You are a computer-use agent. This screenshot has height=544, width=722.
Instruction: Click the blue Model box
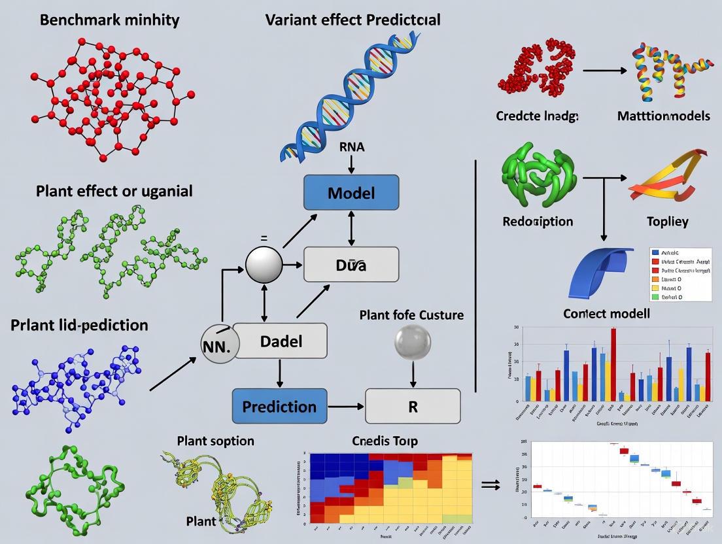pyautogui.click(x=351, y=193)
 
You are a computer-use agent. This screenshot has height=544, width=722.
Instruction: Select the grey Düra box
pyautogui.click(x=351, y=265)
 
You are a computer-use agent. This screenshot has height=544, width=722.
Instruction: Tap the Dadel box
pyautogui.click(x=281, y=341)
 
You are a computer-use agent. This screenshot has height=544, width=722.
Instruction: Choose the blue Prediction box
pyautogui.click(x=279, y=406)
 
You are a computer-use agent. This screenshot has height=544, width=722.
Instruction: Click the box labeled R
pyautogui.click(x=413, y=406)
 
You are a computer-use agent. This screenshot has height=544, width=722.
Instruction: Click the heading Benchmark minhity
pyautogui.click(x=109, y=20)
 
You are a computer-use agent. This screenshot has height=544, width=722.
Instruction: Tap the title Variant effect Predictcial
pyautogui.click(x=352, y=20)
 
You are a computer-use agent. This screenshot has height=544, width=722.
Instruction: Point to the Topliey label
pyautogui.click(x=666, y=222)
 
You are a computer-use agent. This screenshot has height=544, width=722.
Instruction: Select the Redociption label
pyautogui.click(x=538, y=222)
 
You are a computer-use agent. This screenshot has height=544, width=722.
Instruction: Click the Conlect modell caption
pyautogui.click(x=606, y=314)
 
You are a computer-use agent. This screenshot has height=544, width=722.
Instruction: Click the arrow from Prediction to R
pyautogui.click(x=345, y=406)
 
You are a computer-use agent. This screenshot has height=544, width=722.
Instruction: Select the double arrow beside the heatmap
pyautogui.click(x=490, y=484)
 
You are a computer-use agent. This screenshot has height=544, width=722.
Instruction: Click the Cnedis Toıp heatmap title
pyautogui.click(x=385, y=441)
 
